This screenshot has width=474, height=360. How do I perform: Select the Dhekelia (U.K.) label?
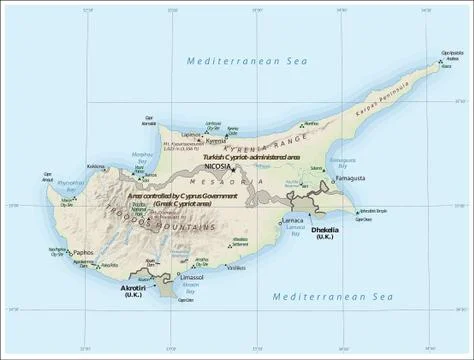[328, 233]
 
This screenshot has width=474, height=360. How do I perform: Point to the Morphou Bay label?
[144, 158]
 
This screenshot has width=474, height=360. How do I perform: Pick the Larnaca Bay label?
[295, 231]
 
